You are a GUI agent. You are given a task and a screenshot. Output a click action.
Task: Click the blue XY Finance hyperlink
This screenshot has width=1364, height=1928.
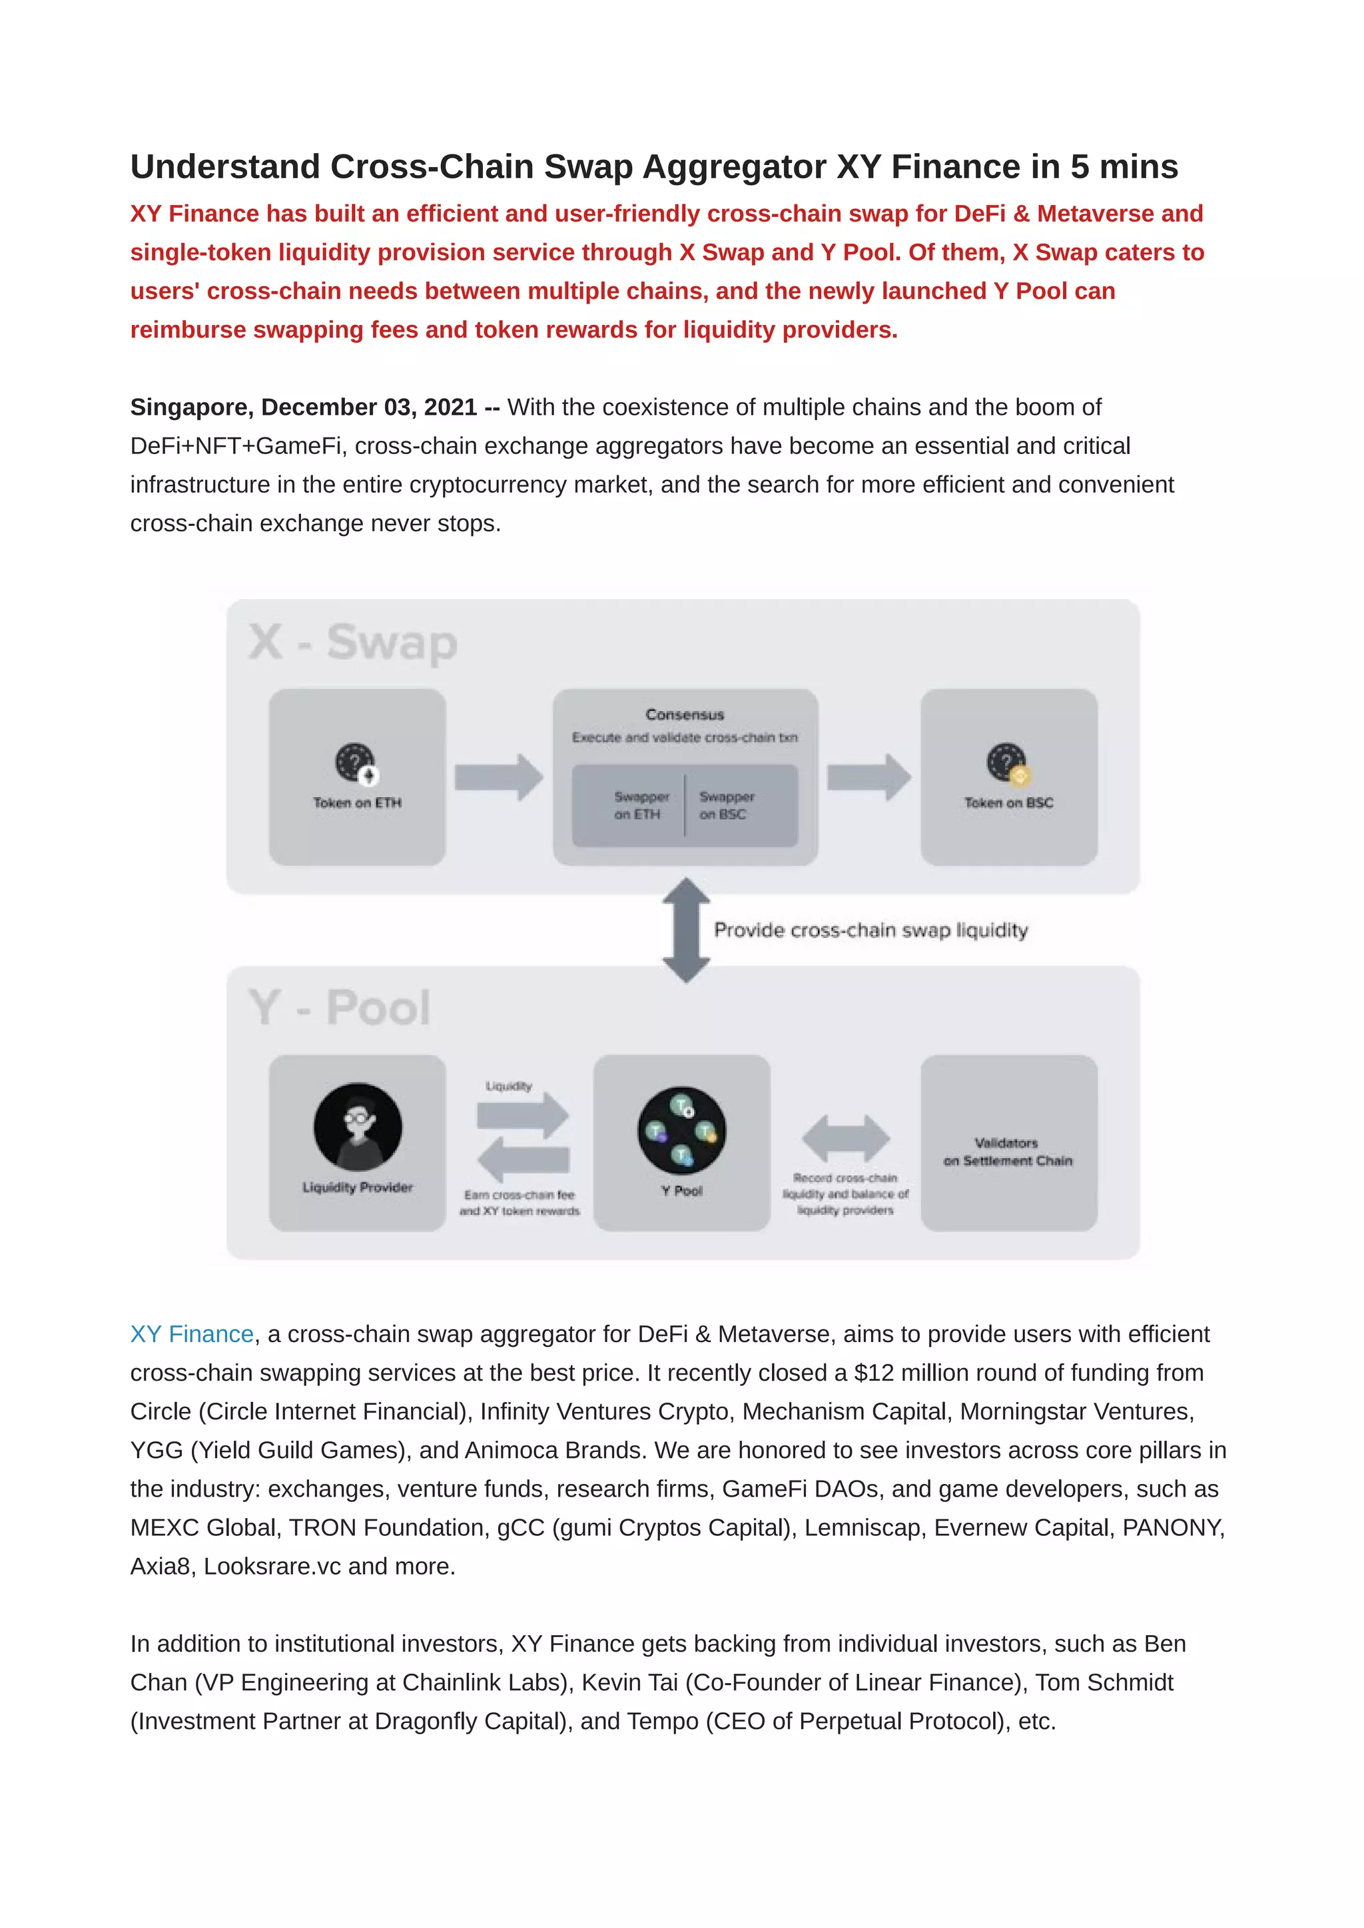pos(192,1334)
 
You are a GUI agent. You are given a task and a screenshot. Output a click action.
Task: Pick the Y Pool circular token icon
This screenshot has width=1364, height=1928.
pos(682,1131)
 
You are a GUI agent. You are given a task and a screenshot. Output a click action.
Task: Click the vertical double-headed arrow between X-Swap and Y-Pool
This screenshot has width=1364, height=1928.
pos(686,931)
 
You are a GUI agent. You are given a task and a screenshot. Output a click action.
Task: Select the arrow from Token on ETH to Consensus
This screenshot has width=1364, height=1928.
pos(499,777)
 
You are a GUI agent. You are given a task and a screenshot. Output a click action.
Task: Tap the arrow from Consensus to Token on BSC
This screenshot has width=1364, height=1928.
pos(869,777)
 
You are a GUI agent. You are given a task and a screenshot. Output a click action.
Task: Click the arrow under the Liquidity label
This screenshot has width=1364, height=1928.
pos(522,1115)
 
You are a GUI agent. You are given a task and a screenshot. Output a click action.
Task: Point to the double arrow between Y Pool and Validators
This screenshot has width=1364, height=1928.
pos(846,1138)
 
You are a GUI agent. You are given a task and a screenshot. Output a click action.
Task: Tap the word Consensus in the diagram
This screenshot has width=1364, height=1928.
pos(685,714)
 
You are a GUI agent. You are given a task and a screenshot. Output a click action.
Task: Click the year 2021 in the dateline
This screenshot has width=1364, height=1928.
pos(450,407)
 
